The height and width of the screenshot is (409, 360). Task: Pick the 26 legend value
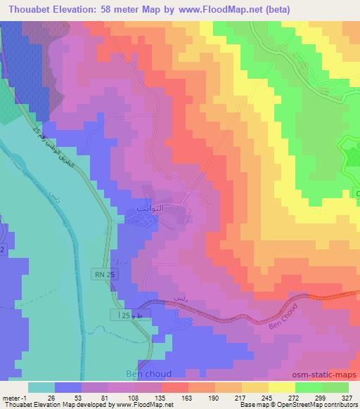coord(51,398)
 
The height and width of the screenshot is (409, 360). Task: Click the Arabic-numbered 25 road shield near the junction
coord(121,318)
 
